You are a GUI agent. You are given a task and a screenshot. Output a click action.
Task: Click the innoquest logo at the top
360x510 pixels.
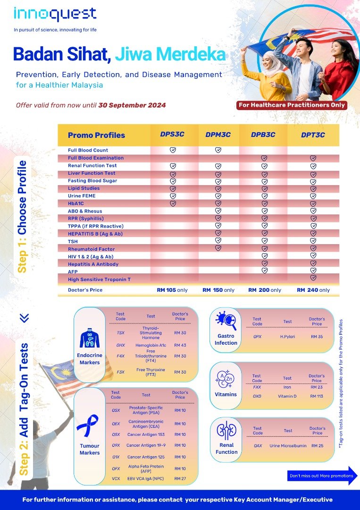pos(55,15)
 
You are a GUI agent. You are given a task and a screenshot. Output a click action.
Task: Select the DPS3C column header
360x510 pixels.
pos(172,135)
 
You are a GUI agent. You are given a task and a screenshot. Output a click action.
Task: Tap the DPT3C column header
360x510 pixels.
pos(313,135)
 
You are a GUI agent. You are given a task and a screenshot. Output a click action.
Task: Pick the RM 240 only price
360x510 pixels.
pos(313,290)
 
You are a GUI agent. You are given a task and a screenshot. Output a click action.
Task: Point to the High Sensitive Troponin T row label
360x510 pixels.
pos(99,280)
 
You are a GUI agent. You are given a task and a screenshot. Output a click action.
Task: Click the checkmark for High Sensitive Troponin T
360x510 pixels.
pos(313,278)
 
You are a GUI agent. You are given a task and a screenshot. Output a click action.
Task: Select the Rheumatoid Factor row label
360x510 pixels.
pos(91,249)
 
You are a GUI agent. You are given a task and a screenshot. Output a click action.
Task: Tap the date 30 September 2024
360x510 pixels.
pos(132,105)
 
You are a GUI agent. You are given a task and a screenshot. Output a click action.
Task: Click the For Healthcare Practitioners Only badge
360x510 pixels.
pos(292,105)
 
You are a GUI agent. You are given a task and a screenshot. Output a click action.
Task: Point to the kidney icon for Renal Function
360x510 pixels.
pos(226,431)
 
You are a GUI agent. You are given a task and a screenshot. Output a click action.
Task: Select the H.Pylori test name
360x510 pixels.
pos(287,337)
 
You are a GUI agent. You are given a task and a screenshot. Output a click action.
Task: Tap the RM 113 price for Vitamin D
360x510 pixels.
pos(317,396)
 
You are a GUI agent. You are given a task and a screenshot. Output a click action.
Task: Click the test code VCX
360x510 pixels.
pos(115,479)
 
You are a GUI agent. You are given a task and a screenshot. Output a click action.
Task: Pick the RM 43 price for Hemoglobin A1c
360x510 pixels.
pos(180,346)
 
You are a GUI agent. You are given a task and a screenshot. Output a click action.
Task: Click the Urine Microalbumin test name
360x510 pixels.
pos(288,445)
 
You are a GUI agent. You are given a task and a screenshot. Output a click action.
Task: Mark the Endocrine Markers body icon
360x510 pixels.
pos(89,339)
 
